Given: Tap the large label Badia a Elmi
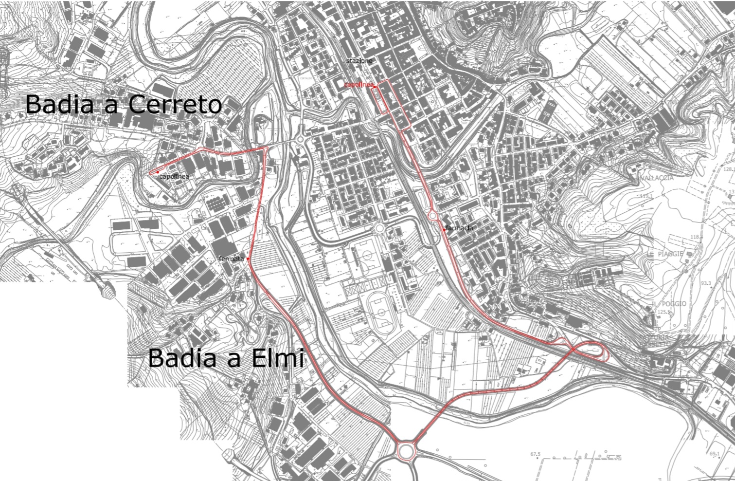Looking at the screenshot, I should click(x=226, y=358).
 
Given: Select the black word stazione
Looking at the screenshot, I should click(x=359, y=61).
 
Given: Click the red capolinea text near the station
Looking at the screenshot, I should click(x=358, y=85).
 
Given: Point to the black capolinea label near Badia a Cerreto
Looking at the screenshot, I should click(x=174, y=177).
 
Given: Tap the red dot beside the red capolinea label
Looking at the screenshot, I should click(x=376, y=87).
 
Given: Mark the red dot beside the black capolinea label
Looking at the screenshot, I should click(x=158, y=172).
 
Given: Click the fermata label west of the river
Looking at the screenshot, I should click(x=231, y=259).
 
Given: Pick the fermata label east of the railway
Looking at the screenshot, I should click(x=459, y=228).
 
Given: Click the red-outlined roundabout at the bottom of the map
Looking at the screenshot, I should click(x=405, y=450).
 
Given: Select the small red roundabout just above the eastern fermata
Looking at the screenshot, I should click(x=432, y=216).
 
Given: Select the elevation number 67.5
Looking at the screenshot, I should click(x=535, y=454).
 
